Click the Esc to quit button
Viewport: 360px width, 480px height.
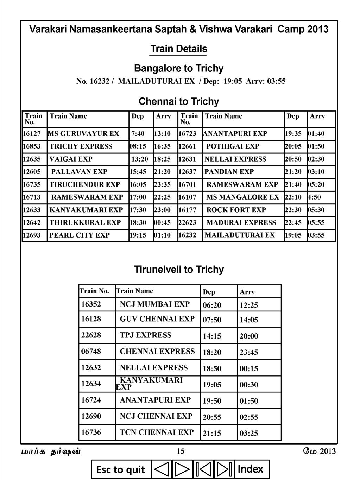click(121, 469)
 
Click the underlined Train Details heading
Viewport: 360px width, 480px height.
click(178, 49)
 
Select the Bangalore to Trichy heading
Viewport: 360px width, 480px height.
click(179, 68)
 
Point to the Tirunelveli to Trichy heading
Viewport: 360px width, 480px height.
click(179, 270)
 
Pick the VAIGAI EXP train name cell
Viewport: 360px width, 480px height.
click(71, 159)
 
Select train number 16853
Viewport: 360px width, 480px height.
click(32, 146)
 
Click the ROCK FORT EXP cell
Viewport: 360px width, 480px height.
click(236, 210)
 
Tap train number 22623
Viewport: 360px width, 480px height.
click(187, 222)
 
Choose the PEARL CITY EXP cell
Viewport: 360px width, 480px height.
click(80, 235)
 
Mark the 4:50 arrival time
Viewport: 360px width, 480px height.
click(315, 197)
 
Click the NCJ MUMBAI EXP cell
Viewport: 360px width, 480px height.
click(154, 304)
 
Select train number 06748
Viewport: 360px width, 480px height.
click(91, 351)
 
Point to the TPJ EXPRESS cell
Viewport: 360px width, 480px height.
click(146, 335)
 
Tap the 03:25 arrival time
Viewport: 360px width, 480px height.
click(249, 433)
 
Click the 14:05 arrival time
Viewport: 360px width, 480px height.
click(249, 320)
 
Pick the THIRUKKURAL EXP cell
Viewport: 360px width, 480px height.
click(85, 222)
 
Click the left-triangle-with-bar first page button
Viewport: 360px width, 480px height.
click(203, 469)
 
